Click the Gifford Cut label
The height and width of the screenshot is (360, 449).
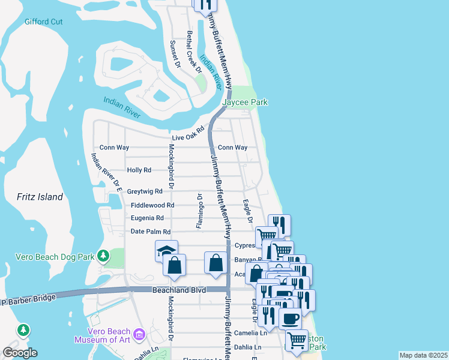pyautogui.click(x=44, y=22)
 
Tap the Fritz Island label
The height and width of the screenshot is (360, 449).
pyautogui.click(x=40, y=197)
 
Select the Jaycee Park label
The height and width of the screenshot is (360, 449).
pyautogui.click(x=245, y=103)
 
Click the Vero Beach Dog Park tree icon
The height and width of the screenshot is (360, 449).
pyautogui.click(x=103, y=256)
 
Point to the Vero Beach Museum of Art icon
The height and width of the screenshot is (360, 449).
pyautogui.click(x=139, y=334)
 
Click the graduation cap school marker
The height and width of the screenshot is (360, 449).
pyautogui.click(x=166, y=251)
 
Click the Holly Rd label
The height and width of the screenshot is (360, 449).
pyautogui.click(x=139, y=170)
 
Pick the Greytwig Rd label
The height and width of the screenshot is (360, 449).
pyautogui.click(x=145, y=191)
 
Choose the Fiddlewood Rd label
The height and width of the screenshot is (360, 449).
pyautogui.click(x=152, y=205)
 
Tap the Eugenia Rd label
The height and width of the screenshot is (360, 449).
pyautogui.click(x=147, y=218)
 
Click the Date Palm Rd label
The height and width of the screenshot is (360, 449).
pyautogui.click(x=151, y=232)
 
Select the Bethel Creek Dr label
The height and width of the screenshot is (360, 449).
pyautogui.click(x=193, y=52)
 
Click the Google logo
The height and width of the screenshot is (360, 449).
pyautogui.click(x=20, y=353)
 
